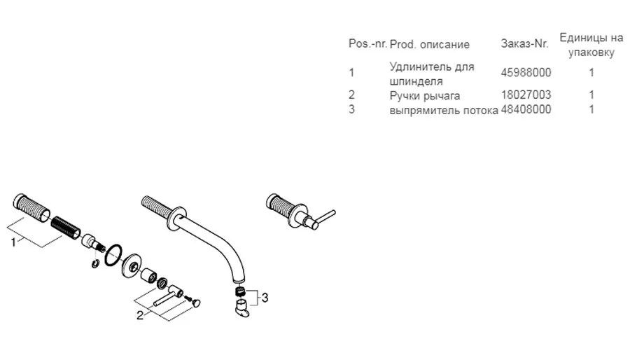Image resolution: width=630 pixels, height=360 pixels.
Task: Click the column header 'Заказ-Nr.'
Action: pyautogui.click(x=524, y=44)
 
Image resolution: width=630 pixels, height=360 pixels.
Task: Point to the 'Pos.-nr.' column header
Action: pyautogui.click(x=367, y=44)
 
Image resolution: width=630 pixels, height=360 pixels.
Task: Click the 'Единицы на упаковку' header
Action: pyautogui.click(x=591, y=44)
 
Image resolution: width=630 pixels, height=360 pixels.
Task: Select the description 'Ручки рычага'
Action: pyautogui.click(x=424, y=95)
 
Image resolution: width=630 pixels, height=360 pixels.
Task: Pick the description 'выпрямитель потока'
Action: pyautogui.click(x=444, y=109)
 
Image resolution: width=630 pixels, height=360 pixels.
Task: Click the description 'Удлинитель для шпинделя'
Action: pyautogui.click(x=431, y=74)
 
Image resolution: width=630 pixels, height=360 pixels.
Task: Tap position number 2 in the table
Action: pyautogui.click(x=351, y=95)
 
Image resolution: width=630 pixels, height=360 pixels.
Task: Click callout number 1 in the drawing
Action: pyautogui.click(x=13, y=242)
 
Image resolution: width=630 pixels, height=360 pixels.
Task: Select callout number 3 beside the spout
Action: pyautogui.click(x=265, y=298)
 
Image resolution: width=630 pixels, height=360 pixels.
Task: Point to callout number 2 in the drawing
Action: pyautogui.click(x=139, y=315)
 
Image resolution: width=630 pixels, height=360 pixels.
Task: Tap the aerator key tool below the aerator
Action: pyautogui.click(x=241, y=309)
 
